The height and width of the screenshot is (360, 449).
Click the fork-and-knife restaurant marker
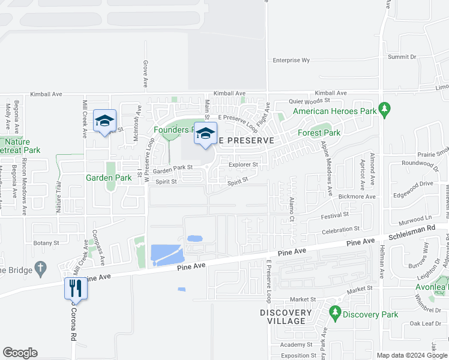point(76,289)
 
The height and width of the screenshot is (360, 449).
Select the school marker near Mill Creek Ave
point(104,121)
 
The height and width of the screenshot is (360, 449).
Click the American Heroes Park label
point(334,111)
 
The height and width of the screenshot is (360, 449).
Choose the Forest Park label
point(319,133)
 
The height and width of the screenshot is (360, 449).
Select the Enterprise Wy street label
point(291,61)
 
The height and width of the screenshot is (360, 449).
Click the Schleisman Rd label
point(415,229)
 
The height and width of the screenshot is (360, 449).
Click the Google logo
point(20,352)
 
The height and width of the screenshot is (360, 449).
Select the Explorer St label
point(243,164)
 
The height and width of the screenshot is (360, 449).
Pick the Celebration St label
point(340,229)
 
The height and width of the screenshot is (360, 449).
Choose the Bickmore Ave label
point(357,196)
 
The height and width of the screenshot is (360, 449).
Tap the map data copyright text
point(412,355)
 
